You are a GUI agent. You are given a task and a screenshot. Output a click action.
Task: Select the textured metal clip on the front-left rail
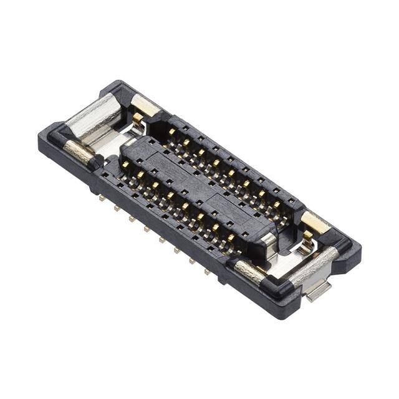[79, 150]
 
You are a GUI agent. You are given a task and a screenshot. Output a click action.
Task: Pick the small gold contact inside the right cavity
[307, 235]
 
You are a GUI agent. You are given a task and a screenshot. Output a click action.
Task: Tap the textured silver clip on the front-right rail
[248, 271]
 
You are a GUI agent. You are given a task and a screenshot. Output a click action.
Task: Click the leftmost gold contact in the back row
[171, 132]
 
